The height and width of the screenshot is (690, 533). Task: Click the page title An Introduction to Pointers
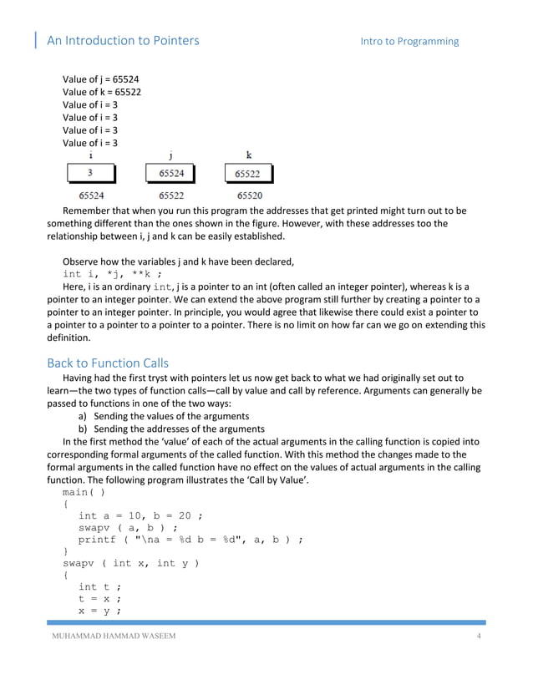tap(122, 40)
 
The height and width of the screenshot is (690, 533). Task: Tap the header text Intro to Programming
tap(409, 41)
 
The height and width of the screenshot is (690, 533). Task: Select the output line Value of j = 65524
tap(100, 79)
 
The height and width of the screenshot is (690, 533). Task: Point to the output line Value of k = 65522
tap(101, 92)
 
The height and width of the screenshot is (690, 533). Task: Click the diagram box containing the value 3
tap(91, 174)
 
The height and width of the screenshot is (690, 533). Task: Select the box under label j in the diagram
tap(170, 174)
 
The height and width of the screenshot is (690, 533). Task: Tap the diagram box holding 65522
tap(247, 174)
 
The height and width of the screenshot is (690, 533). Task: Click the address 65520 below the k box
tap(250, 195)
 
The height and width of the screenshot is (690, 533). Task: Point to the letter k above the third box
tap(249, 155)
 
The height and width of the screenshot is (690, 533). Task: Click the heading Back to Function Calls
tap(108, 363)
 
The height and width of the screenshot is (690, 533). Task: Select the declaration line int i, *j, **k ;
tap(113, 274)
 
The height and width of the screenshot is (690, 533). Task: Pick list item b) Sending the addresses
tap(170, 429)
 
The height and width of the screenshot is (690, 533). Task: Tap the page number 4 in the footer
tap(479, 639)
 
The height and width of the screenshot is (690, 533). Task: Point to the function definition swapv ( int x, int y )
tap(131, 563)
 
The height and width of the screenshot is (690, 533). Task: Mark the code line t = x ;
tap(100, 598)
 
